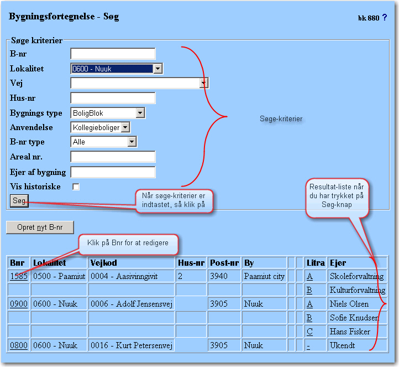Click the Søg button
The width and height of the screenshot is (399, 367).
coord(19,201)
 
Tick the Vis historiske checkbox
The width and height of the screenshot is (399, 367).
coord(76,187)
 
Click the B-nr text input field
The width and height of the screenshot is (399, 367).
coord(113,54)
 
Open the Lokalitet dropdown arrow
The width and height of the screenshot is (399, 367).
coord(158,69)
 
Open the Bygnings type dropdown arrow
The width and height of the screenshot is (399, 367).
coord(140,113)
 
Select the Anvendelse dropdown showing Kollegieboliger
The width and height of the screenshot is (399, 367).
coord(100,127)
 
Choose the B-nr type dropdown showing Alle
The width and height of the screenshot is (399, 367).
coord(103,142)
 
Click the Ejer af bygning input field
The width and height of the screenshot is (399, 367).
coord(113,172)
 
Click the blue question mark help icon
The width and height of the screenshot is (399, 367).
coord(385,17)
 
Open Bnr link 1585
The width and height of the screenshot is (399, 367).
coord(19,276)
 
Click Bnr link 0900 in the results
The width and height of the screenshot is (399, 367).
coord(19,304)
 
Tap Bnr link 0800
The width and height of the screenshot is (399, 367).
coord(19,345)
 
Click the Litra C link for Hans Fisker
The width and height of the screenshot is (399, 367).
coord(309,332)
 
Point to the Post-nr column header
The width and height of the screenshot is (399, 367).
coord(224,263)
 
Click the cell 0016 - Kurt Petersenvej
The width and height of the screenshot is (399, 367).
coord(132,345)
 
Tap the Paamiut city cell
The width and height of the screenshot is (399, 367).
coord(264,276)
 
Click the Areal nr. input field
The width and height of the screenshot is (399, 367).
coord(113,157)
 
